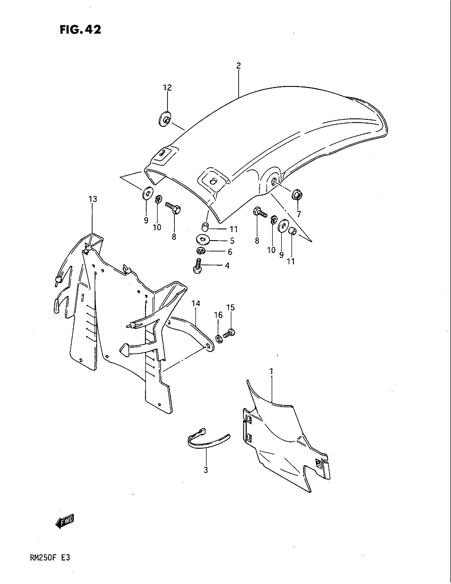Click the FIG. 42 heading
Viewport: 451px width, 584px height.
point(80,29)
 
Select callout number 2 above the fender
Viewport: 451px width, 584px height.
point(238,66)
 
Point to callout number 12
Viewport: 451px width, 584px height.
point(167,87)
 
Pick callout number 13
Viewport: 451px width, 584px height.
point(93,199)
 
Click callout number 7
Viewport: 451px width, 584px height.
point(298,214)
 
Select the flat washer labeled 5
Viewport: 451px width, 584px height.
point(203,239)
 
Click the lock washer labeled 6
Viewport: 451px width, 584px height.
point(200,251)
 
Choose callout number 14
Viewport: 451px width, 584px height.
point(196,303)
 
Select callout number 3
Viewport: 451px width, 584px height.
point(205,470)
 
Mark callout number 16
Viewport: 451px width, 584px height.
point(218,315)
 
